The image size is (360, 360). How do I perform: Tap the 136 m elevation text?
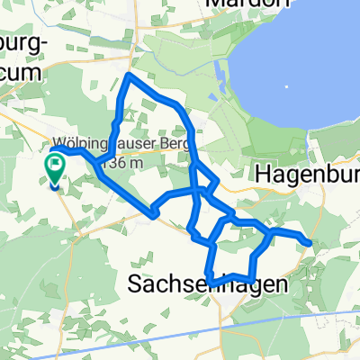[124, 163]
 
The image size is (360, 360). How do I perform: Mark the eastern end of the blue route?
[309, 242]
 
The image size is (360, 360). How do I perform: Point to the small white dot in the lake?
[287, 88]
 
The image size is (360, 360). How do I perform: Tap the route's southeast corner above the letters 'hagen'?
[251, 275]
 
